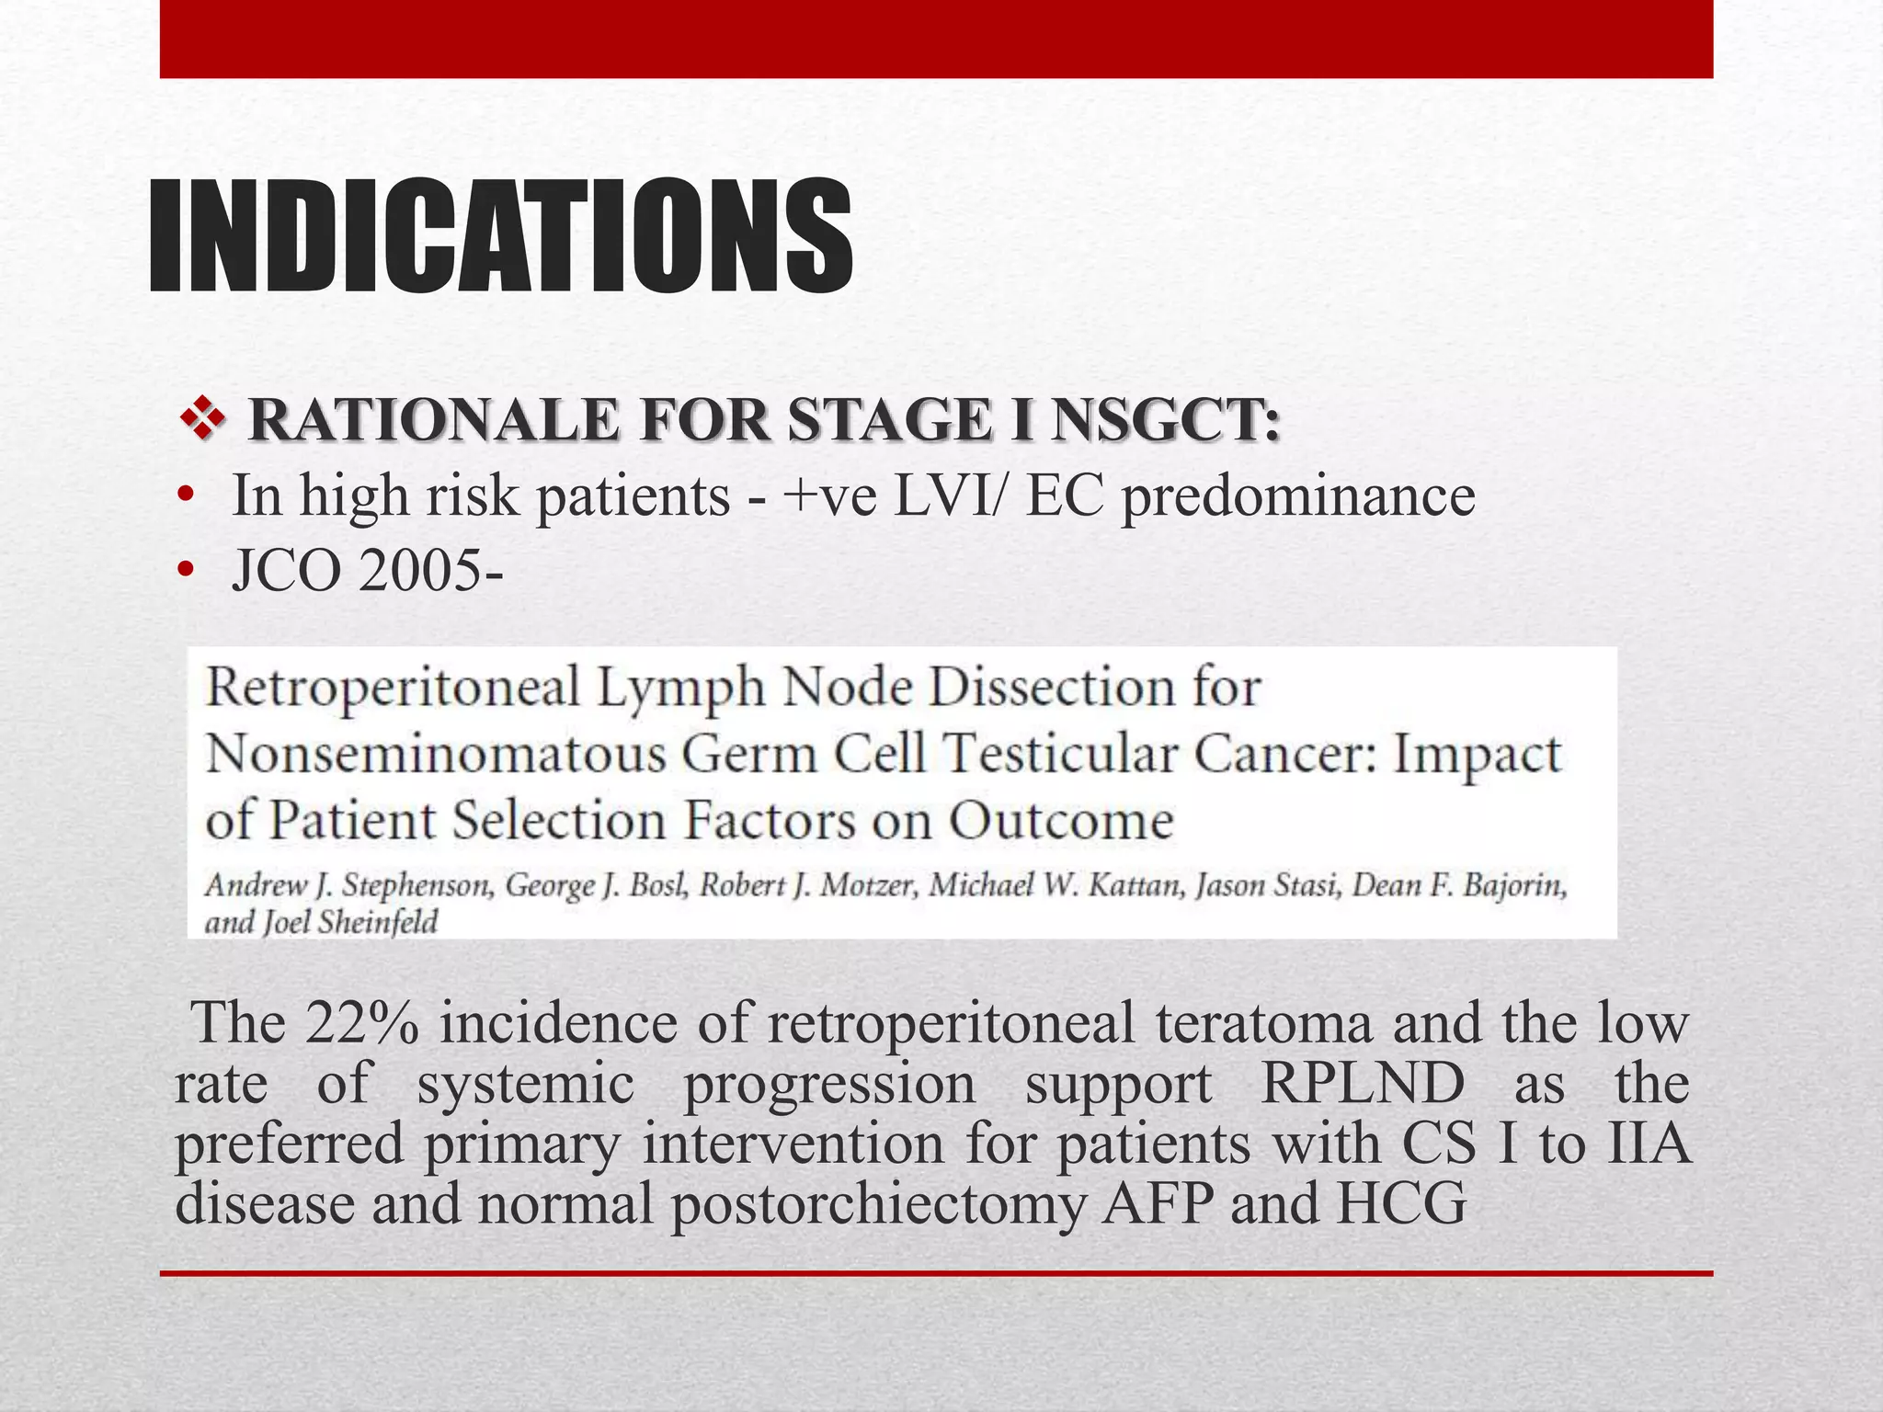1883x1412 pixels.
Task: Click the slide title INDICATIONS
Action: [x=501, y=237]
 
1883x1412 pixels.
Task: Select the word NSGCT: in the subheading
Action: [x=1166, y=421]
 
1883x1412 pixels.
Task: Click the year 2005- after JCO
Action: [x=431, y=572]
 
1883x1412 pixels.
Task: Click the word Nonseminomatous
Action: [x=435, y=756]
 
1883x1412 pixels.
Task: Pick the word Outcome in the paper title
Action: [x=1061, y=821]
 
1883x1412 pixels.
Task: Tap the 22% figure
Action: [x=361, y=1023]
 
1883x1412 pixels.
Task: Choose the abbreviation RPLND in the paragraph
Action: [x=1363, y=1083]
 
